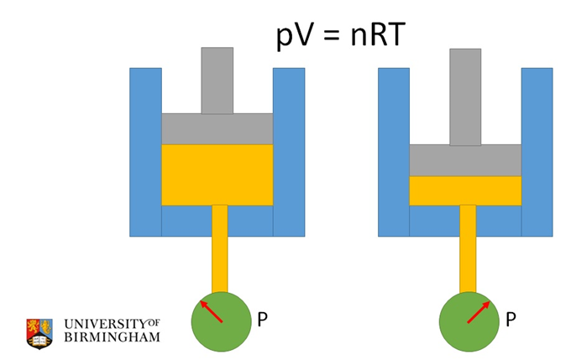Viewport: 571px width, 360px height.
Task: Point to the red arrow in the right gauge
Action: (478, 312)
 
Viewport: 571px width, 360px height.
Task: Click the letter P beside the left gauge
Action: (262, 320)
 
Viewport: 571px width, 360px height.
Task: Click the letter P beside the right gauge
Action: (511, 320)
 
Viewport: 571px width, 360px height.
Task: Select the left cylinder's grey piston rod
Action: (217, 81)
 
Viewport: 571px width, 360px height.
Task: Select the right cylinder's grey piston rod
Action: (465, 96)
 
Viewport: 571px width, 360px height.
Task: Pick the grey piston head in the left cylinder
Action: (217, 128)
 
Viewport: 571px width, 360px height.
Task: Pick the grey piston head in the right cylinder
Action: (465, 159)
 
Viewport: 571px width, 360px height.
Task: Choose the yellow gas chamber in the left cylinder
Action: (217, 175)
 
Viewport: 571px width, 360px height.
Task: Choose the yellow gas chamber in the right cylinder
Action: (465, 190)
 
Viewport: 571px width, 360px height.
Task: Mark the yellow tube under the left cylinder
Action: (220, 248)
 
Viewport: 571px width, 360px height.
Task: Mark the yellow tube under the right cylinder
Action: (468, 248)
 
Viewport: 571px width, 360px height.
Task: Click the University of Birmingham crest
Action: (39, 331)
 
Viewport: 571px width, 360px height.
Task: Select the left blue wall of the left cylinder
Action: (144, 151)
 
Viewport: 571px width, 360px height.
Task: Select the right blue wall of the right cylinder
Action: (537, 151)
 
